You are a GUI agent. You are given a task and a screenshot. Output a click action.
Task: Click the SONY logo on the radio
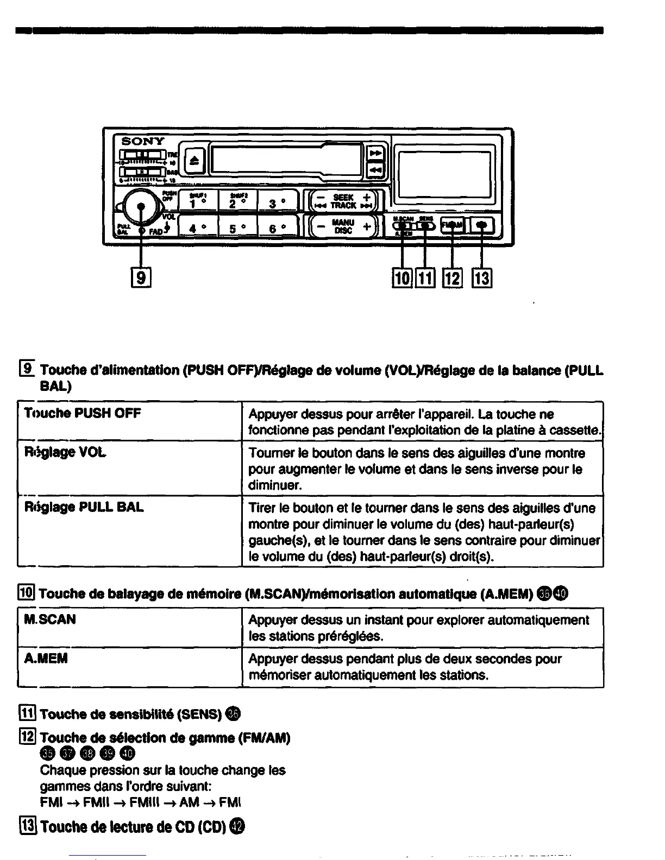coord(142,141)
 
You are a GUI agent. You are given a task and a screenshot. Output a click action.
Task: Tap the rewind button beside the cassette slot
coord(375,170)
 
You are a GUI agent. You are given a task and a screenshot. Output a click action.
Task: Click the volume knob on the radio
coord(141,206)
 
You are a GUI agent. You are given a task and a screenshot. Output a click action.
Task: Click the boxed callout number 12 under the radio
coord(452,279)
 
